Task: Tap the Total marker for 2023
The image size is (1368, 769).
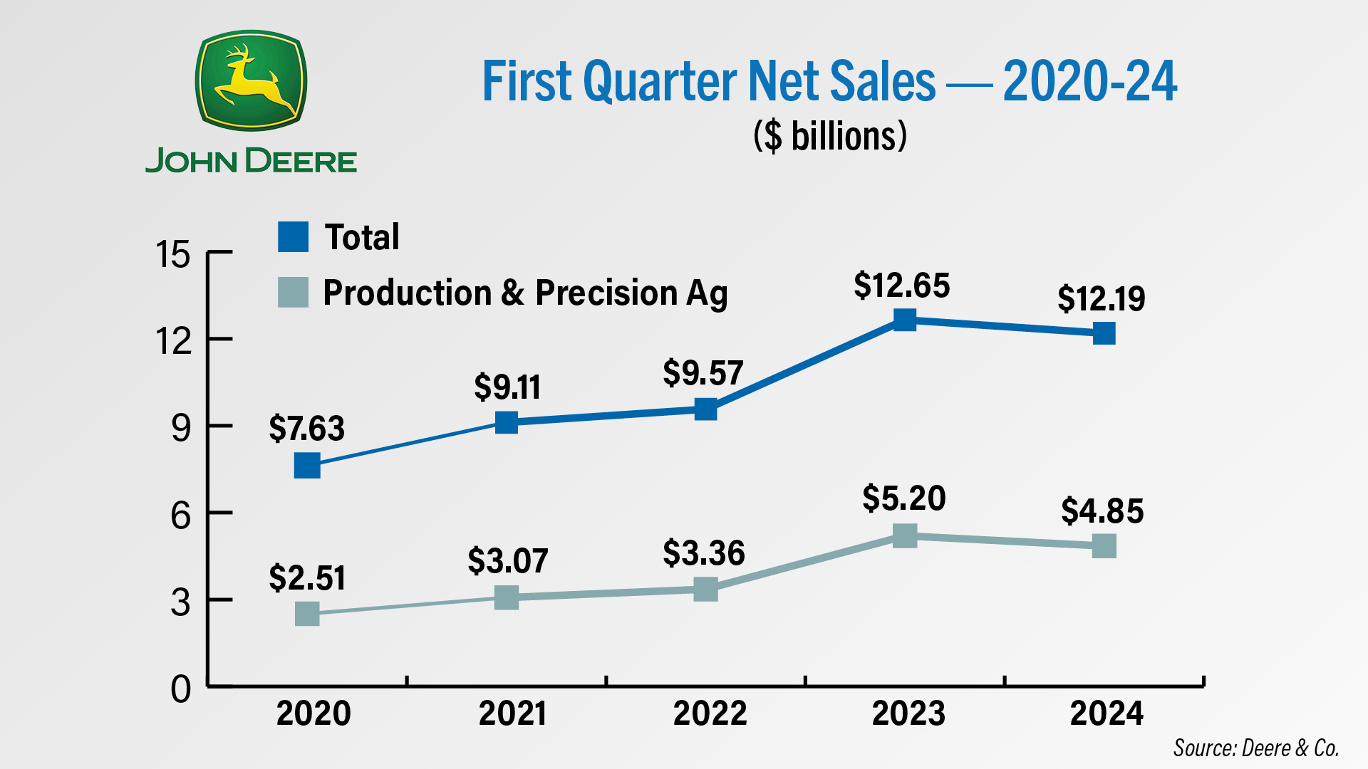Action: tap(904, 320)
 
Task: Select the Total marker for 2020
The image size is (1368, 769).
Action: tap(307, 466)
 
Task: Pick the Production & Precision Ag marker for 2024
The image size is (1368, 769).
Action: tap(1104, 546)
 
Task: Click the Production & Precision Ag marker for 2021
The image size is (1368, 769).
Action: tap(507, 597)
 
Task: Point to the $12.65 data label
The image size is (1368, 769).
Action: tap(901, 286)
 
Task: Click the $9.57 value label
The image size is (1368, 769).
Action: tap(703, 373)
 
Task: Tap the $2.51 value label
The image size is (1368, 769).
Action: tap(307, 577)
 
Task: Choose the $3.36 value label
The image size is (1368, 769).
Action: tap(703, 553)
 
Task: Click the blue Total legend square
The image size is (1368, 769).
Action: tap(293, 236)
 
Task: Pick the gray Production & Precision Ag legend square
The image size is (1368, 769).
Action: tap(293, 292)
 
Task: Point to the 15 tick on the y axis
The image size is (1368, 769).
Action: tap(173, 254)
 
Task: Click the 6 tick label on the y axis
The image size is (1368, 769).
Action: tap(180, 515)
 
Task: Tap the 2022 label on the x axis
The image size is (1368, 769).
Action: tap(710, 713)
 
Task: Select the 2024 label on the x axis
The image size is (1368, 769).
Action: tap(1106, 713)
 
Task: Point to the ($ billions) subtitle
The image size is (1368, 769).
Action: tap(830, 135)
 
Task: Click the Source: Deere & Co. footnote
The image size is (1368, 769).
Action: tap(1255, 748)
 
